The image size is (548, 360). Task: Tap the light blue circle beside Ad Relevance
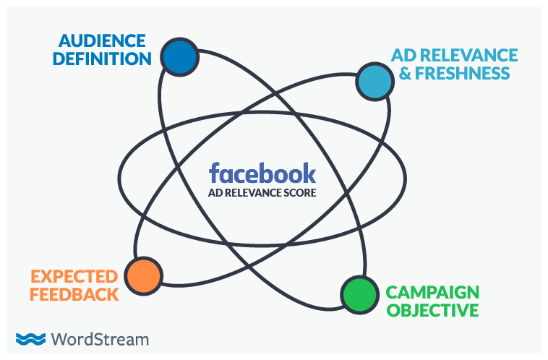pos(374,81)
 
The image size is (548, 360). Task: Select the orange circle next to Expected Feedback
pos(143,275)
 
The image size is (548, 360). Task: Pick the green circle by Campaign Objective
pos(359,294)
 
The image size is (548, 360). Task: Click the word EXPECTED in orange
pos(74,277)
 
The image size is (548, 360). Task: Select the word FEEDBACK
pos(74,294)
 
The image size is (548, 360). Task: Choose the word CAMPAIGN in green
pos(432,293)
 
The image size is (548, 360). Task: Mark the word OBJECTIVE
pos(432,311)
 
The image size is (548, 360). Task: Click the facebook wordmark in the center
pos(262,173)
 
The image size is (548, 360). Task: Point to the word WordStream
pos(100,338)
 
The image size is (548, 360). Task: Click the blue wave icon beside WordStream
pos(31,338)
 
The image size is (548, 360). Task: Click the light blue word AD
pos(403,56)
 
